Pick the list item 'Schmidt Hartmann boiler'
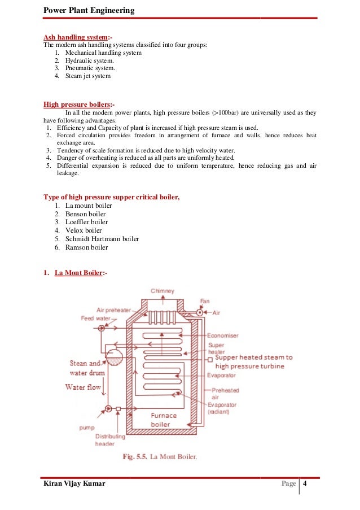(102, 239)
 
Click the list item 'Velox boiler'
(84, 230)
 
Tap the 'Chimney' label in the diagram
(162, 291)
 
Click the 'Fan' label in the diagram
(205, 301)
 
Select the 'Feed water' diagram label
(95, 319)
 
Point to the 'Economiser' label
(222, 335)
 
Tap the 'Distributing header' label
(106, 440)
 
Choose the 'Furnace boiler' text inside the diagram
(164, 420)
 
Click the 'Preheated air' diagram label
(226, 393)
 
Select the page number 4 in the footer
(305, 485)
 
